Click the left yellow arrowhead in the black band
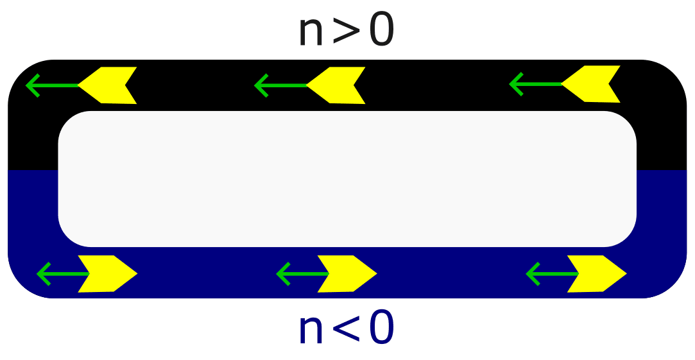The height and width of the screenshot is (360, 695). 110,85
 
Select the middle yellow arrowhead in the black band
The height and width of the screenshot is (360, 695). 339,85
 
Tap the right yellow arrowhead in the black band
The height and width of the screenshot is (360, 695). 594,84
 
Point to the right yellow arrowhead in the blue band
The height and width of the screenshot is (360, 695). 595,273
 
